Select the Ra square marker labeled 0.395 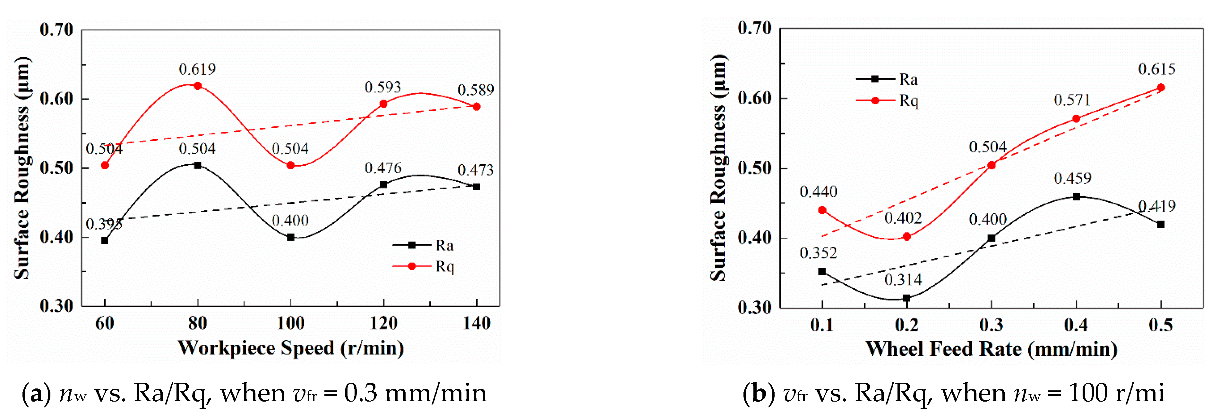tap(105, 241)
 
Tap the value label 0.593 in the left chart tap(383, 87)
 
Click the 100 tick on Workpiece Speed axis tap(291, 323)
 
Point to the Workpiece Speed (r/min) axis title tap(291, 348)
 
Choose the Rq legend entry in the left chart tap(424, 267)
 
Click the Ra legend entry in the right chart tap(887, 79)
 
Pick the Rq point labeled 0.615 tap(1161, 88)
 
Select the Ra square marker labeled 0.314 tap(907, 298)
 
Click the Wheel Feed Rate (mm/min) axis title tap(992, 349)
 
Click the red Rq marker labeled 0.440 tap(822, 210)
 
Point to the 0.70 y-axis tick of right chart tap(754, 29)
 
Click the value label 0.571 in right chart tap(1072, 100)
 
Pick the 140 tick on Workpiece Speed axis tap(476, 323)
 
